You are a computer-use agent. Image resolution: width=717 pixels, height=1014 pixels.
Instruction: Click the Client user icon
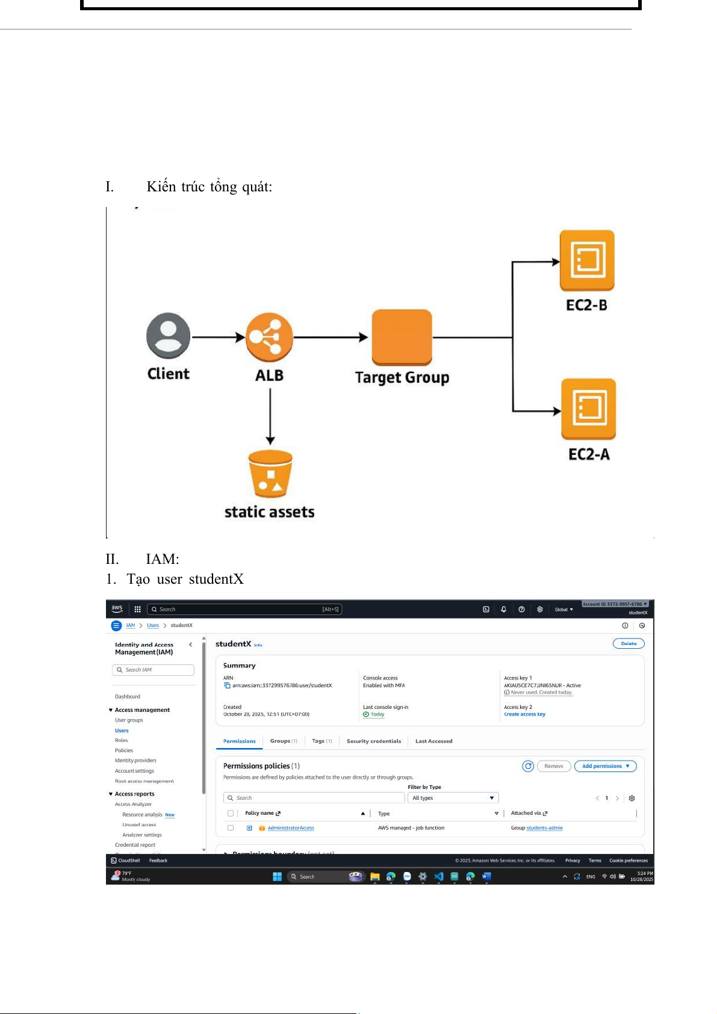click(169, 336)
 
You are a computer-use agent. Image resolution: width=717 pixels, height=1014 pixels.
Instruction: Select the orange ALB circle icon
click(270, 337)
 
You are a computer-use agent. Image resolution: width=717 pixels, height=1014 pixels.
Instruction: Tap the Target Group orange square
click(402, 337)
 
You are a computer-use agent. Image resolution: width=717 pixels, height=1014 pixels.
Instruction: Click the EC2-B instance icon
click(587, 261)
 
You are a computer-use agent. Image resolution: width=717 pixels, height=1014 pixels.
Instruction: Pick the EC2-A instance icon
click(588, 409)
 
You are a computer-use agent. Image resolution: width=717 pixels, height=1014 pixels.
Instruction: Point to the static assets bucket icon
click(270, 474)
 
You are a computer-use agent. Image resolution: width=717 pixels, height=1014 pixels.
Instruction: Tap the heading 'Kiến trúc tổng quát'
click(209, 187)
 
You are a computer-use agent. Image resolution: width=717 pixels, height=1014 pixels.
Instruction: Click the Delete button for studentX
click(629, 644)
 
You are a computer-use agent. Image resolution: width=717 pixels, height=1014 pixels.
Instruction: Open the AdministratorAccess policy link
click(291, 828)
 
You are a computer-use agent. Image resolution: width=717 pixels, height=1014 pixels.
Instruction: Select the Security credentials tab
click(374, 741)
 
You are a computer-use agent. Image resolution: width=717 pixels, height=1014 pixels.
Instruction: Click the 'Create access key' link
click(524, 714)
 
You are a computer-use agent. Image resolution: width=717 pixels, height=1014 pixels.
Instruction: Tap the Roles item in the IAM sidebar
click(122, 740)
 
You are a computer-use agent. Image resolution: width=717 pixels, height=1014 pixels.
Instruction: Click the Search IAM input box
click(154, 670)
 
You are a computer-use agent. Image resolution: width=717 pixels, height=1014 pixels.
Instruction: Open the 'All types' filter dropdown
click(453, 798)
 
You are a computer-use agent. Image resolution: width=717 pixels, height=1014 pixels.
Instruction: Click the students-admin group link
click(544, 828)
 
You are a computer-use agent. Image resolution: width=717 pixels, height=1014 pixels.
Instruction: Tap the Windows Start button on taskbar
click(278, 877)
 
